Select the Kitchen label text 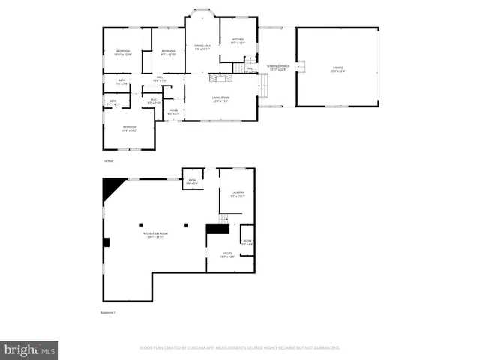click(238, 40)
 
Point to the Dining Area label click(202, 47)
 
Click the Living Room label click(220, 99)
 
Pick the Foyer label click(172, 112)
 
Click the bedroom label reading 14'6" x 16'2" click(129, 128)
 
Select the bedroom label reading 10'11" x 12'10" click(122, 52)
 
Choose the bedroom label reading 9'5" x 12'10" click(168, 52)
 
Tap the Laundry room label click(238, 194)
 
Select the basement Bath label click(192, 181)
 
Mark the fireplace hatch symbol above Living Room click(217, 77)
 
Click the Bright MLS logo click(30, 349)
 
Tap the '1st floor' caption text click(109, 160)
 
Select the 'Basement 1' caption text click(109, 313)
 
